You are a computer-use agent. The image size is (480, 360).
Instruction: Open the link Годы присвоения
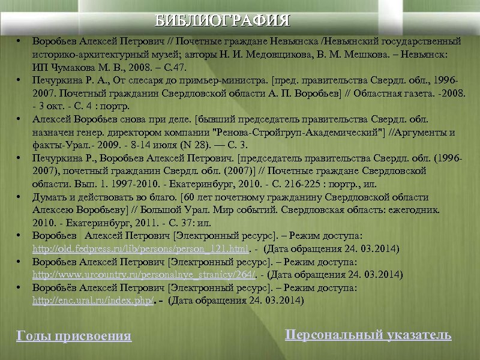(73, 336)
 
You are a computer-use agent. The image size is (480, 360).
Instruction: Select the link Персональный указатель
(368, 335)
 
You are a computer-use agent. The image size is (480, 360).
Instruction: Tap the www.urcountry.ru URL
(143, 275)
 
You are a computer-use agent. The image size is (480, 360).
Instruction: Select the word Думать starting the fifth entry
(49, 197)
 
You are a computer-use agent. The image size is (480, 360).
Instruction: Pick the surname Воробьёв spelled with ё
(52, 288)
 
